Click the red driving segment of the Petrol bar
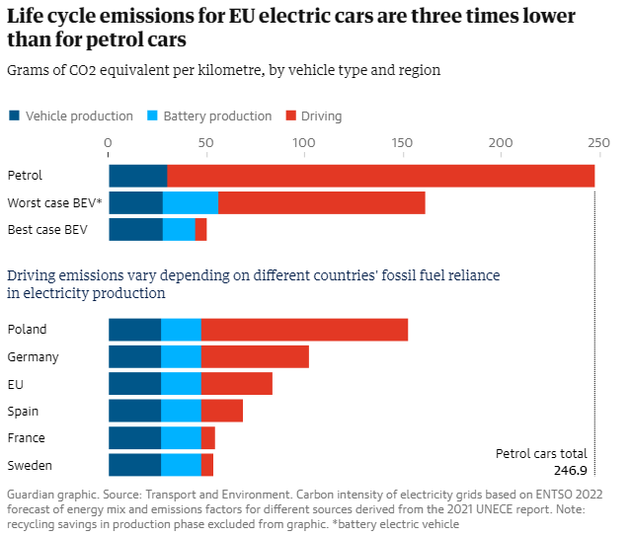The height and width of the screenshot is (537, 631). coord(380,176)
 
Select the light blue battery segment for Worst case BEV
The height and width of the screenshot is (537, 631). coord(191,203)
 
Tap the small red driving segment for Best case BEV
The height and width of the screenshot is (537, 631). coord(200,230)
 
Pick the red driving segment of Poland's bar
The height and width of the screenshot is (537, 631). coord(304,330)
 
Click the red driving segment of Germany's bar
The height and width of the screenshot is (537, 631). coord(255,356)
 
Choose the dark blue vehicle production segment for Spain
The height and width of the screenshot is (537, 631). coord(134,411)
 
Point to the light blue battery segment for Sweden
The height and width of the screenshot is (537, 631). coord(181,465)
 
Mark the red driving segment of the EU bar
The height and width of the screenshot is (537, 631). coord(236,384)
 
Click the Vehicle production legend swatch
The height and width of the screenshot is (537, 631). coord(14,115)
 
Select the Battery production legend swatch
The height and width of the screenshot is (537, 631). coord(152,115)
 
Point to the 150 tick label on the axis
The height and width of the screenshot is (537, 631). coord(402,142)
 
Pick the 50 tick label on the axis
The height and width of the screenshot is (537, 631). coord(206,142)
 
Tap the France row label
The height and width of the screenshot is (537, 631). coord(26,438)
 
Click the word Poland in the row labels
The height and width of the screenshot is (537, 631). coord(27,330)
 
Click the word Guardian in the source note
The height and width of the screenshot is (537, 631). coord(34,494)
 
